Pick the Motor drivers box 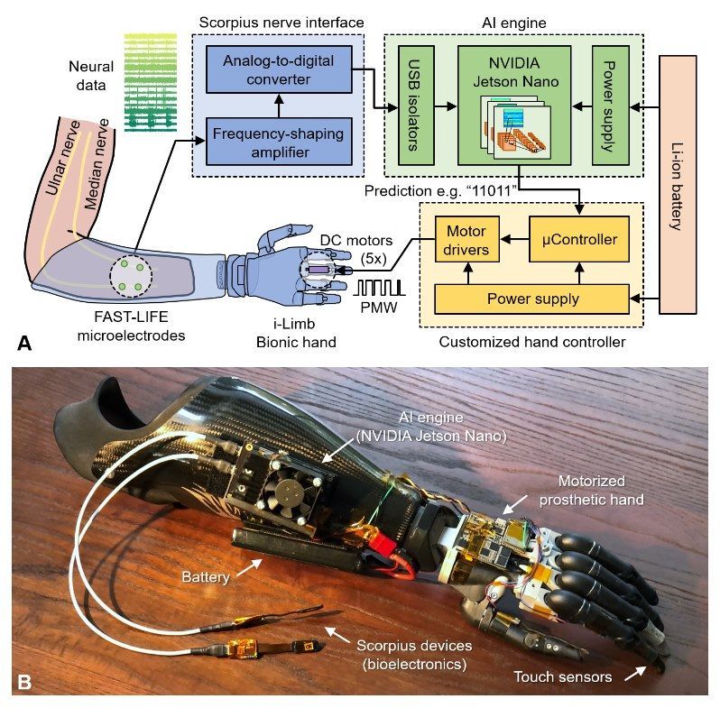[x=466, y=241]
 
